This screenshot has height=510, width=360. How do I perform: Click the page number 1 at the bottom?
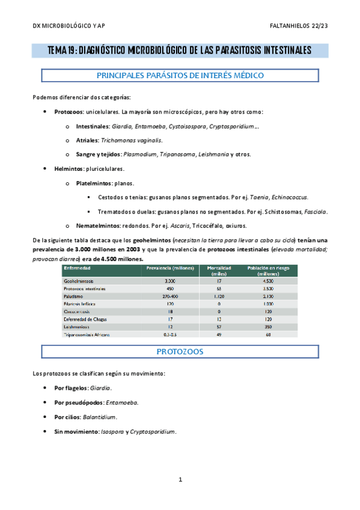click(180, 480)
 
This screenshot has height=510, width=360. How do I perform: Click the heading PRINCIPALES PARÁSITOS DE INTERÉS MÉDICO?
click(180, 76)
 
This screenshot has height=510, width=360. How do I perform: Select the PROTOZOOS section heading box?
click(180, 351)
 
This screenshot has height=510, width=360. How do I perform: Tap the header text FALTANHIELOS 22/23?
click(299, 26)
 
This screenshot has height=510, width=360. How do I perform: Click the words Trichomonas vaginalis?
click(123, 140)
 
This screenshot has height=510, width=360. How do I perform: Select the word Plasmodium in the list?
click(139, 154)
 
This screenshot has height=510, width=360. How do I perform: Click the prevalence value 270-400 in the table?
click(169, 296)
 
